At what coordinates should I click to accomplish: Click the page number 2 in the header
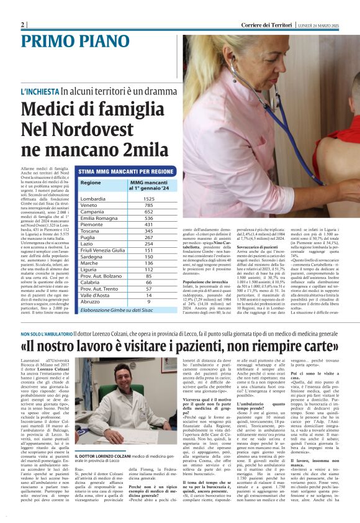click(x=23, y=25)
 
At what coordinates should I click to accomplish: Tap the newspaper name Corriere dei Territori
click(x=268, y=25)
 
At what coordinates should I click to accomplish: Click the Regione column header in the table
click(x=90, y=183)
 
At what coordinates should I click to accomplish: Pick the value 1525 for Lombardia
click(x=148, y=199)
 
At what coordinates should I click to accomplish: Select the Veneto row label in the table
click(x=89, y=205)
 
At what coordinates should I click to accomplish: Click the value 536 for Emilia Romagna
click(x=148, y=219)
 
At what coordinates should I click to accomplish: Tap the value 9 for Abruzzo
click(x=148, y=301)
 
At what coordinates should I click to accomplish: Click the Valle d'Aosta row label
click(x=94, y=295)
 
